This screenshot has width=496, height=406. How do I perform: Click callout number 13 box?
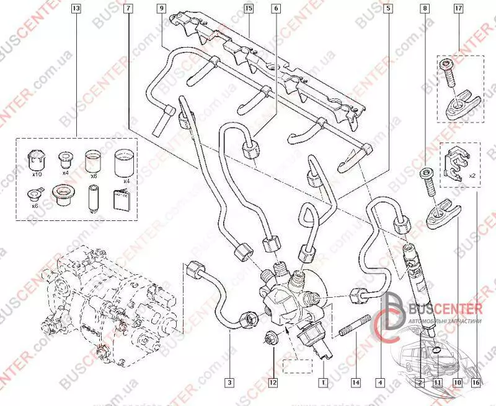tap(76, 9)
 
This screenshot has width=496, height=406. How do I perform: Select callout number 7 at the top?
tap(127, 9)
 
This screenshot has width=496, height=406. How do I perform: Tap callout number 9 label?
tap(161, 9)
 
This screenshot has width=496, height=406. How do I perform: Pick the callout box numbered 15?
tap(249, 9)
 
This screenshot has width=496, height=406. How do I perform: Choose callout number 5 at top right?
tap(387, 9)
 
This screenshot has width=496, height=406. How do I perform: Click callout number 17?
tap(476, 9)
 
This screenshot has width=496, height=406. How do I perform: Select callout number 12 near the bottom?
tap(272, 382)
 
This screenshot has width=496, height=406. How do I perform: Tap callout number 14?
tap(355, 382)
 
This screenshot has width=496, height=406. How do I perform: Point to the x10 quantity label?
tap(37, 175)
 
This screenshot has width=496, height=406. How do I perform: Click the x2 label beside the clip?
tap(472, 175)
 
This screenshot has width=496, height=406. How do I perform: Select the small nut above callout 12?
tap(270, 338)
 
